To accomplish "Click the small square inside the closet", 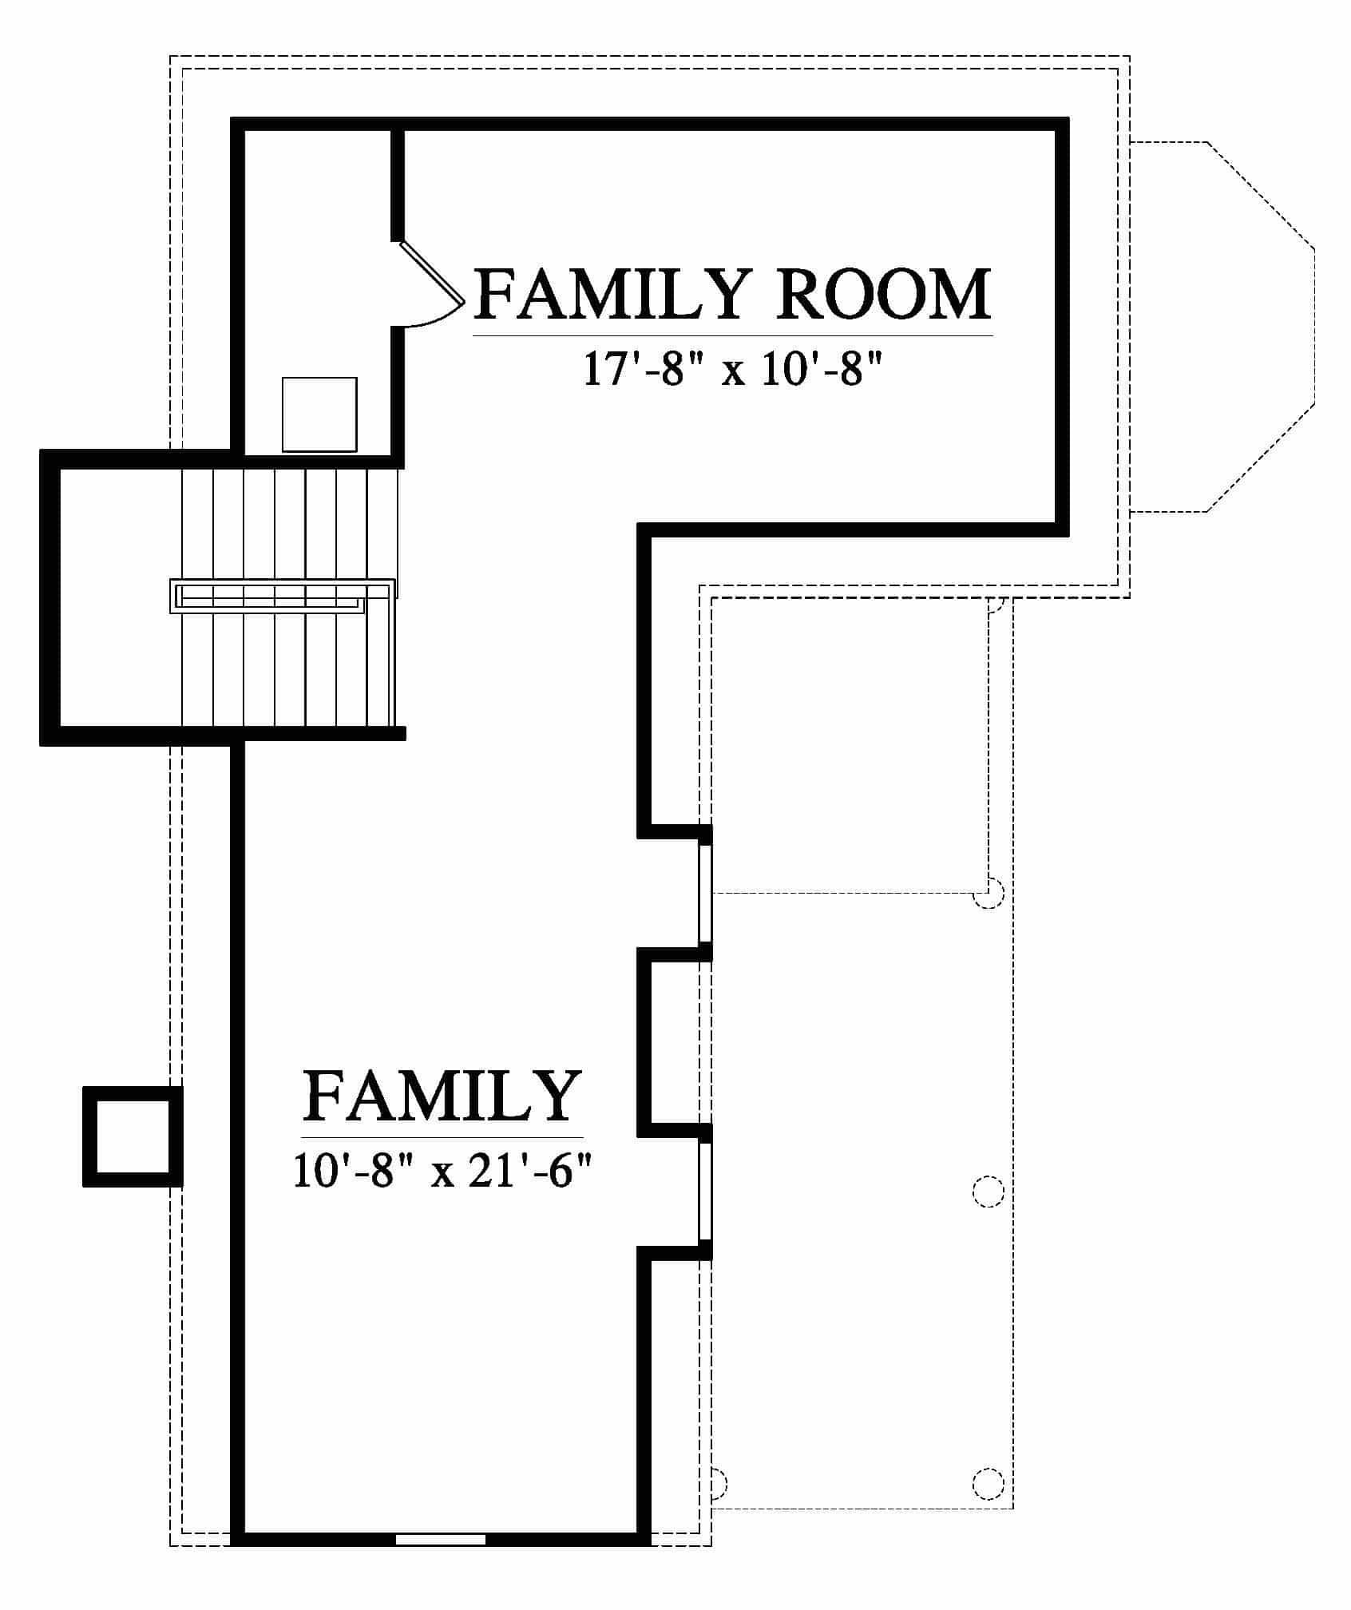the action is tap(319, 414).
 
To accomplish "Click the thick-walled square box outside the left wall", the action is tap(133, 1136).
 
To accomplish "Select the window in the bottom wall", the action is tap(441, 1539).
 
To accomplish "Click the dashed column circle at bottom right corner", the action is tap(988, 1482).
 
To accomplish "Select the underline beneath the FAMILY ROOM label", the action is tap(733, 336).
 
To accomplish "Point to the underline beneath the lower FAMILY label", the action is tap(442, 1137).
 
